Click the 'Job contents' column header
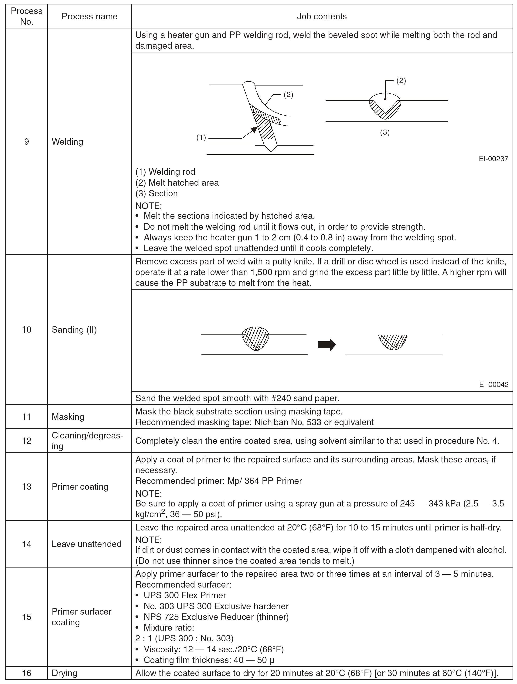pos(322,16)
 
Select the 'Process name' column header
pos(89,16)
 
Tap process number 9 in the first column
pos(27,142)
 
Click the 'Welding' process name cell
pos(67,142)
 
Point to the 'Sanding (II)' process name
pos(74,330)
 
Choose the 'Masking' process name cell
pos(68,417)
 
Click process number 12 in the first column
pos(27,441)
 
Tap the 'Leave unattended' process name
pos(87,544)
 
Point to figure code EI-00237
pos(493,159)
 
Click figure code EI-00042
pos(493,385)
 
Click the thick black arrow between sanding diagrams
pos(327,345)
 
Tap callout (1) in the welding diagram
pos(201,138)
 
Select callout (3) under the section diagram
pos(385,133)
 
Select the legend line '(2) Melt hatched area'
pos(177,183)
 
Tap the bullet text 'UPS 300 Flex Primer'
pos(185,595)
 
